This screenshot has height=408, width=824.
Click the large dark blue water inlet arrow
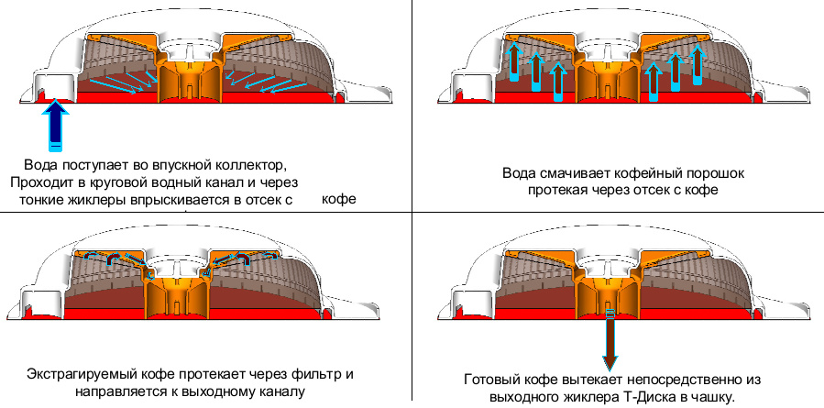56,125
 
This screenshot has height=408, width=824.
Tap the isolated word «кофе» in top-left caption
339,199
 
